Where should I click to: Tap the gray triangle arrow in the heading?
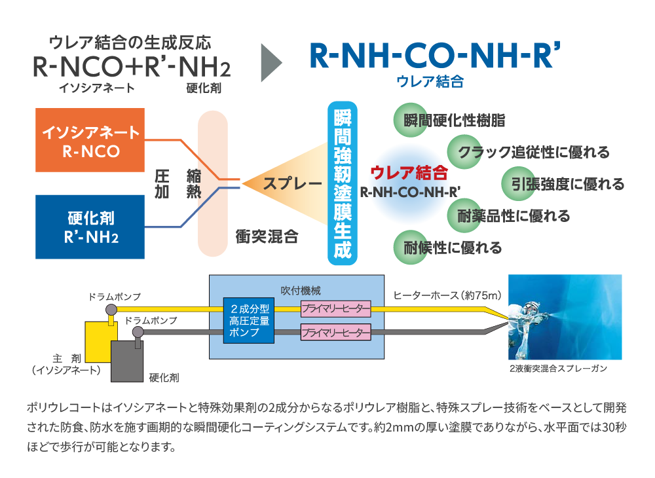tap(271, 63)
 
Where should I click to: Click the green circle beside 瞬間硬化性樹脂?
tap(409, 120)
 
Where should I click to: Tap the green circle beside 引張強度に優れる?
tap(517, 184)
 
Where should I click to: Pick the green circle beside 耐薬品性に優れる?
tap(464, 215)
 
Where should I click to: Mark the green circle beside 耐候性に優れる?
tap(409, 248)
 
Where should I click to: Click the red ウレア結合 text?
tap(409, 173)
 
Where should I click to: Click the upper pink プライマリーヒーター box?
tap(335, 308)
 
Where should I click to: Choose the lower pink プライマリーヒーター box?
tap(335, 333)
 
